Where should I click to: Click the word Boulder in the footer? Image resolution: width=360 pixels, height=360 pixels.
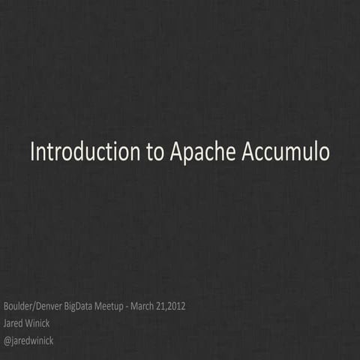(x=18, y=307)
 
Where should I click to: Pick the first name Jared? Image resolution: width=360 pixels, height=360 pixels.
(x=14, y=323)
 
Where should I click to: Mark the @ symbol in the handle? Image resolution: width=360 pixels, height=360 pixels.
(x=7, y=340)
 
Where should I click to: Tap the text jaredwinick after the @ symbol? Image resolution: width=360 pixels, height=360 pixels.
(x=33, y=340)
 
